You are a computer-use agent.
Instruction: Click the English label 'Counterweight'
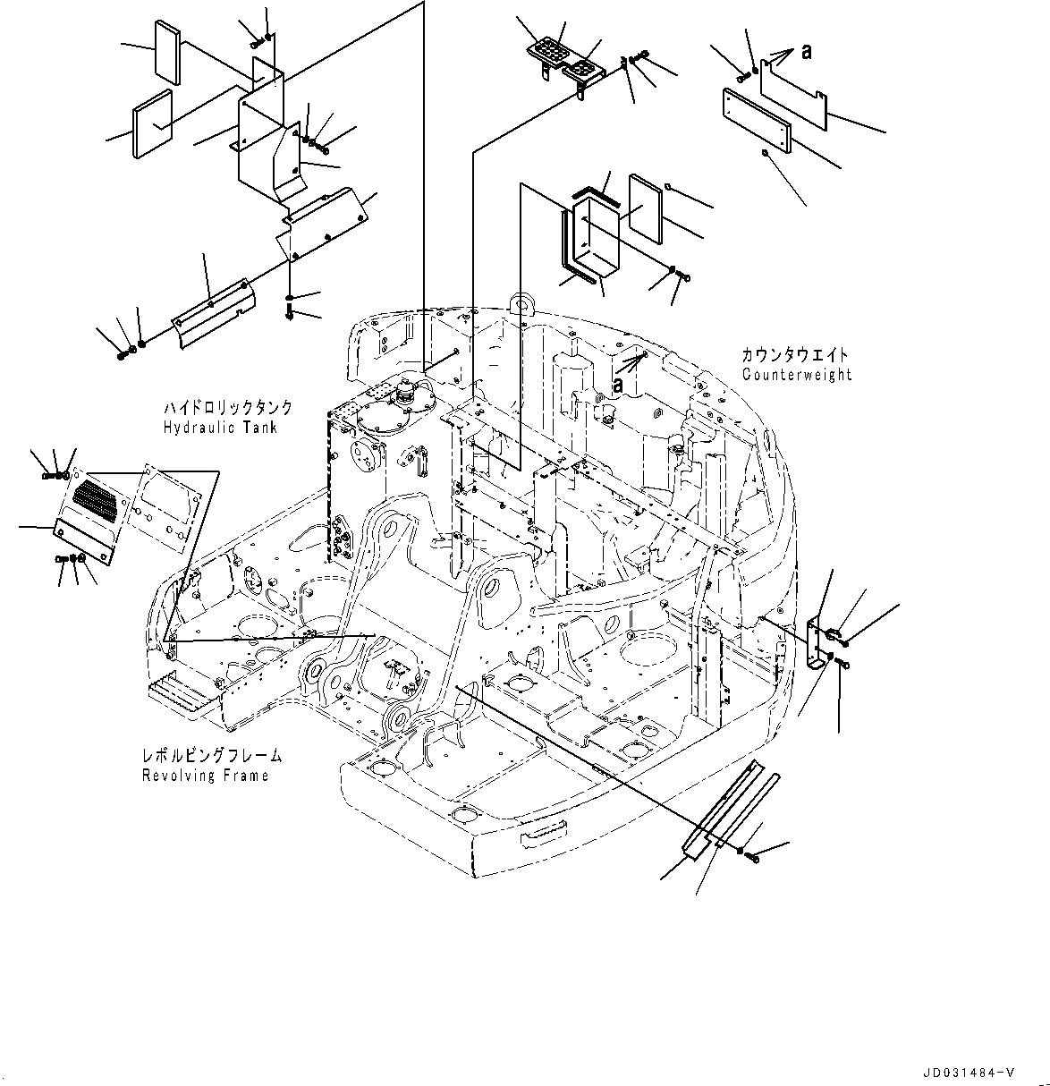click(x=796, y=375)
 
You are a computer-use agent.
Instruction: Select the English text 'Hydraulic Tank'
click(x=220, y=428)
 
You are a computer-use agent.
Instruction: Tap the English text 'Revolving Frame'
click(x=206, y=776)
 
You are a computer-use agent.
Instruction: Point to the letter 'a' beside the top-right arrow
click(x=806, y=53)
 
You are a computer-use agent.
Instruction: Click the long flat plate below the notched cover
click(x=755, y=121)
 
